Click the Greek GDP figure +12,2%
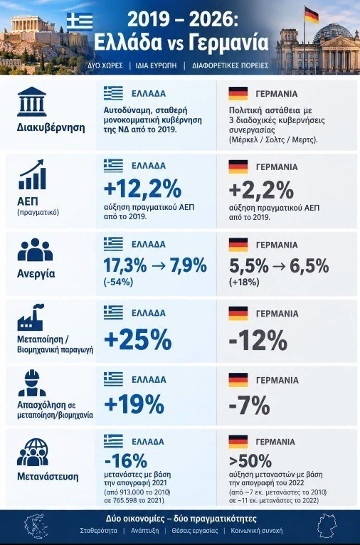142,189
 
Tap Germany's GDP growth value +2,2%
261,190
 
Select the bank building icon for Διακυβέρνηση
31,102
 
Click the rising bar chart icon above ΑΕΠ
31,174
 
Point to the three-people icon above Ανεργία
35,250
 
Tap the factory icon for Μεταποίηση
31,317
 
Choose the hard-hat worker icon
32,383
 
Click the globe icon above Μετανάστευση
33,453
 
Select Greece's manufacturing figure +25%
138,339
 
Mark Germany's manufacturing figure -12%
258,340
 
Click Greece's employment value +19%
134,405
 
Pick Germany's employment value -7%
249,406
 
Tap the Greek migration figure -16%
126,461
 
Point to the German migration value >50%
250,461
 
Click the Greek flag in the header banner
80,21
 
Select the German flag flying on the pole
312,15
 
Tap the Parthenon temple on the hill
32,24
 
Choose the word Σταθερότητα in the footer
99,531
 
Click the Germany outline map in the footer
327,526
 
